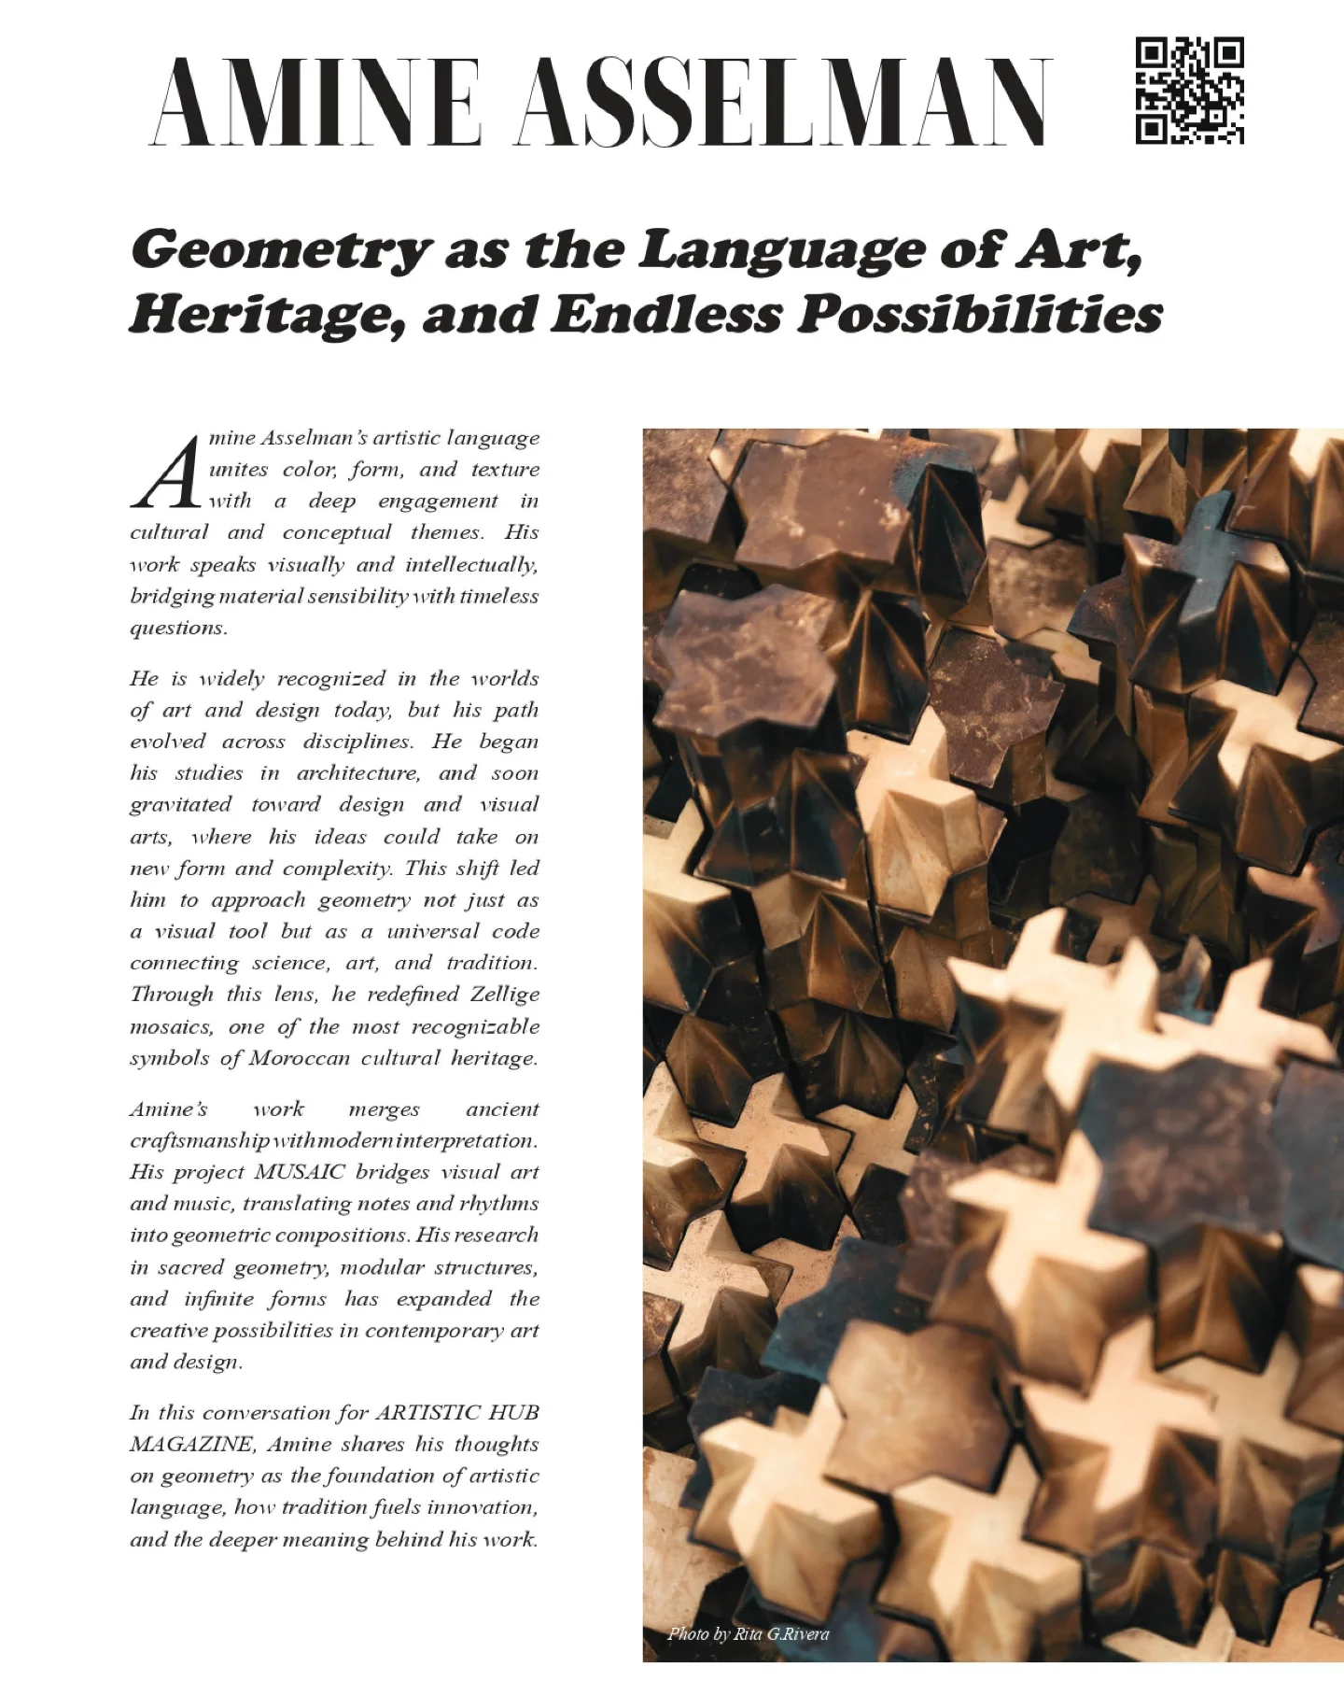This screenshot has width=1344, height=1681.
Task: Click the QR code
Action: pyautogui.click(x=1189, y=91)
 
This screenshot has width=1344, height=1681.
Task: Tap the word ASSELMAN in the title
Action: pyautogui.click(x=784, y=102)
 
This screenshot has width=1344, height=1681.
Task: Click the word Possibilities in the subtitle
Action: pyautogui.click(x=980, y=314)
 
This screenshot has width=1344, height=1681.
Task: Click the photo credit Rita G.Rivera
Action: pyautogui.click(x=780, y=1633)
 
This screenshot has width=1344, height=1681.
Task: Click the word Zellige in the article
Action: pyautogui.click(x=504, y=994)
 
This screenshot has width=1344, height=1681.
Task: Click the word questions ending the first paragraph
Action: pyautogui.click(x=178, y=629)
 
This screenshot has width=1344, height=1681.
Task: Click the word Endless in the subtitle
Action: pyautogui.click(x=666, y=314)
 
